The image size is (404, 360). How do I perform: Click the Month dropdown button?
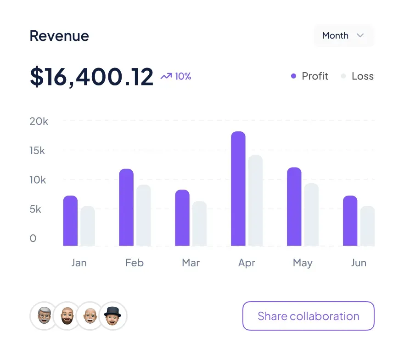pyautogui.click(x=343, y=36)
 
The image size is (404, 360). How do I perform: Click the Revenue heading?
pyautogui.click(x=59, y=36)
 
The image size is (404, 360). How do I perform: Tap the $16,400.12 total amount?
pyautogui.click(x=91, y=77)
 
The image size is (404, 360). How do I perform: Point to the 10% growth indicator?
pyautogui.click(x=176, y=77)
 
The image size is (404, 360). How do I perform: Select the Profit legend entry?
pyautogui.click(x=310, y=77)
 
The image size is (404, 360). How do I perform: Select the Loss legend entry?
pyautogui.click(x=357, y=77)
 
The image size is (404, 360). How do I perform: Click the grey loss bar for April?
pyautogui.click(x=256, y=201)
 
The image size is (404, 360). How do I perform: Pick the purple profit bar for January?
pyautogui.click(x=70, y=221)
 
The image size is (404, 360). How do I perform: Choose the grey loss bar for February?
pyautogui.click(x=144, y=215)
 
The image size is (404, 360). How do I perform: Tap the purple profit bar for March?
pyautogui.click(x=182, y=218)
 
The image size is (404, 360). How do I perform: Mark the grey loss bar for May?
pyautogui.click(x=311, y=214)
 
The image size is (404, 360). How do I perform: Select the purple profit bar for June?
pyautogui.click(x=350, y=221)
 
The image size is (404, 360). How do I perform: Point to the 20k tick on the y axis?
pyautogui.click(x=39, y=121)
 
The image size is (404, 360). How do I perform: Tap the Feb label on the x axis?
pyautogui.click(x=135, y=263)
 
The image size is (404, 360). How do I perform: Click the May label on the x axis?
pyautogui.click(x=303, y=263)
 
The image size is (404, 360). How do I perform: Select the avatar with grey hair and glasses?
pyautogui.click(x=43, y=316)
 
